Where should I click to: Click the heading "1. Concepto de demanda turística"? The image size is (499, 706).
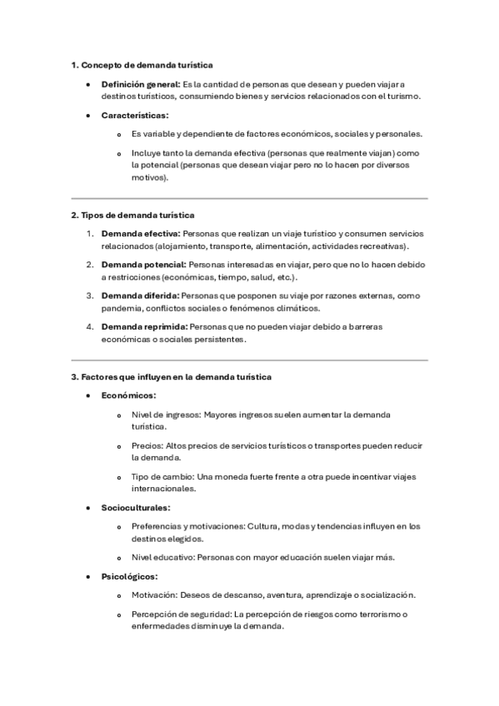pyautogui.click(x=142, y=64)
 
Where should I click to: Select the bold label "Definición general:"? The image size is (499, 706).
pyautogui.click(x=140, y=84)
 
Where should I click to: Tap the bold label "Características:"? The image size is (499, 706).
pyautogui.click(x=134, y=115)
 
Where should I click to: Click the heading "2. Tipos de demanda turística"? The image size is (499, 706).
pyautogui.click(x=132, y=215)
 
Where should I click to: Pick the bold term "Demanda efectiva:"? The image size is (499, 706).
pyautogui.click(x=140, y=235)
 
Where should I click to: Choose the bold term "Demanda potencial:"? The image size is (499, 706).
pyautogui.click(x=143, y=265)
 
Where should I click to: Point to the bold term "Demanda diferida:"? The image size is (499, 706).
pyautogui.click(x=139, y=296)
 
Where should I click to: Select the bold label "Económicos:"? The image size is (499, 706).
pyautogui.click(x=128, y=395)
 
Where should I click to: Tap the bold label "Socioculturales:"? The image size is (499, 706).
pyautogui.click(x=136, y=506)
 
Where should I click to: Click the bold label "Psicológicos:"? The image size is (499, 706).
pyautogui.click(x=129, y=576)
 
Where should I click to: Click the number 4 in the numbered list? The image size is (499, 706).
pyautogui.click(x=90, y=326)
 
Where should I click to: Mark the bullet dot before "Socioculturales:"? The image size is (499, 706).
pyautogui.click(x=89, y=507)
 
